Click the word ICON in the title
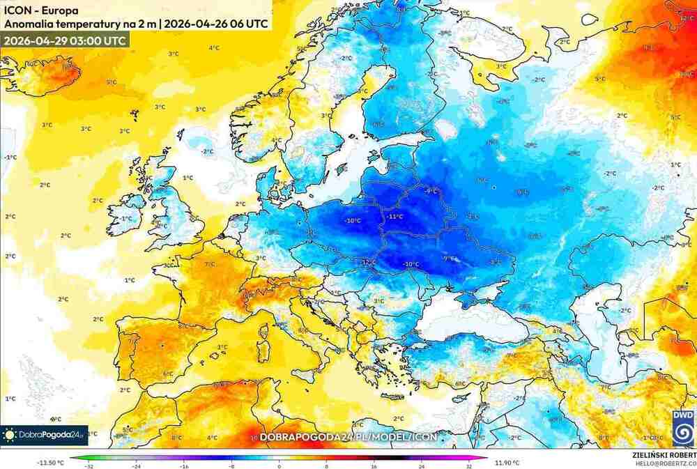(17, 10)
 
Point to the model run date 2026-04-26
(196, 24)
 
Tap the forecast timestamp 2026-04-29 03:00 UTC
(65, 40)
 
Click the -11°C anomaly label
(396, 217)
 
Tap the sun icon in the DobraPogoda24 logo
(10, 435)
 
